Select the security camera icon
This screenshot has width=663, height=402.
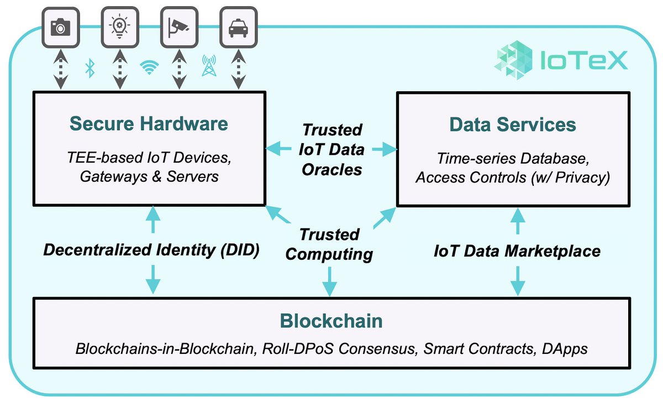pyautogui.click(x=178, y=27)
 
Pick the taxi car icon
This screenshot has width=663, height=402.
pyautogui.click(x=238, y=27)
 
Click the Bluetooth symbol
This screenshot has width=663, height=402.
pyautogui.click(x=89, y=69)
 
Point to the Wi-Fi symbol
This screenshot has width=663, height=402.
pyautogui.click(x=148, y=68)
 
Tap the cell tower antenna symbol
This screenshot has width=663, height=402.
pyautogui.click(x=208, y=66)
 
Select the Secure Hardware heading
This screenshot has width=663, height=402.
pyautogui.click(x=149, y=123)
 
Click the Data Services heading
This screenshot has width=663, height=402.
pyautogui.click(x=513, y=124)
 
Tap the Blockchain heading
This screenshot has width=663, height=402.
pyautogui.click(x=331, y=321)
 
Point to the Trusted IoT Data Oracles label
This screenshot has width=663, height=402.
pyautogui.click(x=331, y=149)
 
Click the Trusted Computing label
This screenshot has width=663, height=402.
pyautogui.click(x=330, y=244)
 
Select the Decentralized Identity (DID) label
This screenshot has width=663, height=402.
pyautogui.click(x=151, y=250)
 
